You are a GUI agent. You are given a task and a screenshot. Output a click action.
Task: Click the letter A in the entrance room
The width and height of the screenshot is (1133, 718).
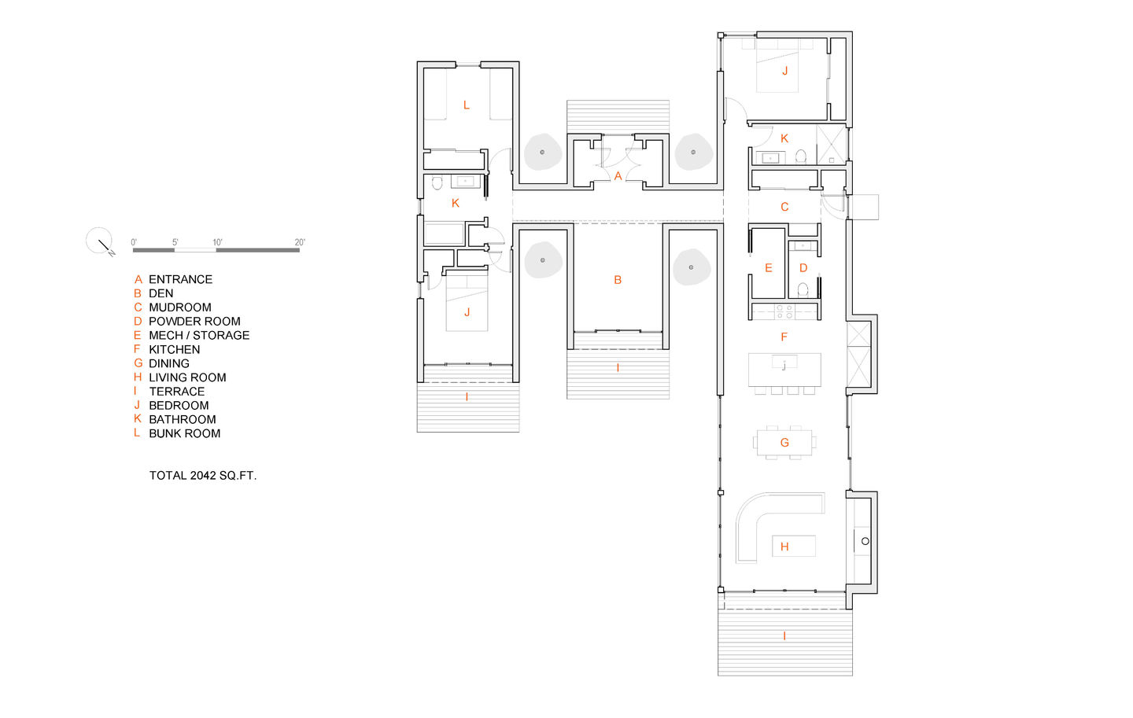pos(618,176)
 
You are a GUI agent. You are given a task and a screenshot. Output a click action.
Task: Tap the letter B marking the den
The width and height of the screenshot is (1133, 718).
pos(618,280)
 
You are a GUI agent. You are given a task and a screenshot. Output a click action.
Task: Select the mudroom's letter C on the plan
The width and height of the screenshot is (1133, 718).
pos(784,207)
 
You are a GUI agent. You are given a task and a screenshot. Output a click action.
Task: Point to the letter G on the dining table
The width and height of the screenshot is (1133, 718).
pos(784,443)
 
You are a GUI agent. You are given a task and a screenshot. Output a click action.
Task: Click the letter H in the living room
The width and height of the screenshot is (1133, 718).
pos(784,547)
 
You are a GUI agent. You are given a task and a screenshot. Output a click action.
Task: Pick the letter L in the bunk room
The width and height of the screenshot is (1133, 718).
pos(467,105)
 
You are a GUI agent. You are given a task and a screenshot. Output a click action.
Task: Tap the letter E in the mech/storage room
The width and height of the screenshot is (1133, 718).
pos(768,268)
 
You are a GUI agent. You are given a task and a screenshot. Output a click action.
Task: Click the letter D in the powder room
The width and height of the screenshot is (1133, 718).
pos(803,268)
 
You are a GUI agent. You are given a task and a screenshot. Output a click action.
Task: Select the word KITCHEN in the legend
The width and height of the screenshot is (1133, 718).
pos(175,349)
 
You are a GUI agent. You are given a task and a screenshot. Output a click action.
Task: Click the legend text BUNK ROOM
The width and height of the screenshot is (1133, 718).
pos(185,433)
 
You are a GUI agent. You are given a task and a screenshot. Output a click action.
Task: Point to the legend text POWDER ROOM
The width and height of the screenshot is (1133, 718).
pos(195,322)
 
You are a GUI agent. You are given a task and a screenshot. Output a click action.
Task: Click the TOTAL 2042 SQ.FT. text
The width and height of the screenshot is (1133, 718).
pos(203,476)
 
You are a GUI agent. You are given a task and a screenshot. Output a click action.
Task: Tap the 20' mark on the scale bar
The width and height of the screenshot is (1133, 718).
pos(300,242)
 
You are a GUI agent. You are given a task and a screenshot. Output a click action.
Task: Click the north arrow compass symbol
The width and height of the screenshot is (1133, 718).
pos(100,241)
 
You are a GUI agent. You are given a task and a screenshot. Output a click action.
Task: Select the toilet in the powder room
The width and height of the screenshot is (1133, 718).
pos(803,290)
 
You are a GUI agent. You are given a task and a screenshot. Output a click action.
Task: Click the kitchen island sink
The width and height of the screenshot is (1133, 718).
pos(784,362)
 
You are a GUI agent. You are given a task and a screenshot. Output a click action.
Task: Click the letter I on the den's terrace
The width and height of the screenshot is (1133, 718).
pos(618,368)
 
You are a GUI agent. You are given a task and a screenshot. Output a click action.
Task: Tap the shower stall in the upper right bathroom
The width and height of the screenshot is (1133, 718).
pos(832,144)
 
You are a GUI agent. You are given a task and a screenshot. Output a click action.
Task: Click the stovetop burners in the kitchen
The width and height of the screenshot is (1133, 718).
pos(784,312)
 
